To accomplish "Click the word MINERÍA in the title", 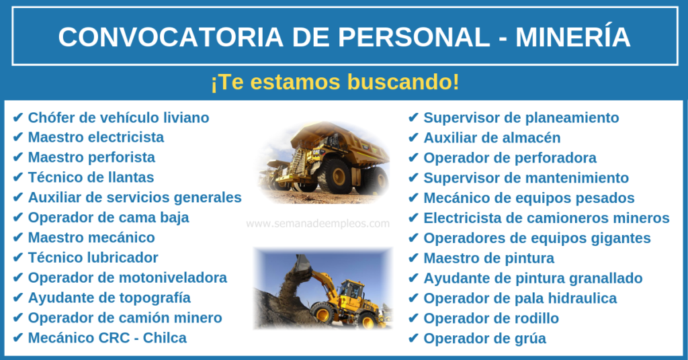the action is click(572, 37).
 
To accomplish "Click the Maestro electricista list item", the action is click(95, 137).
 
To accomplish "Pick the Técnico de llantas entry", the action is click(91, 177).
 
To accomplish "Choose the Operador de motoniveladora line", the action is click(127, 277).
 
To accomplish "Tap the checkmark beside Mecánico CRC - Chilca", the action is click(17, 338).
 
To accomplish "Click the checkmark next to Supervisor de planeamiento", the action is click(413, 118).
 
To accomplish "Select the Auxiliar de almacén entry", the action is click(492, 138).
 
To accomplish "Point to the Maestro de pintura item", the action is click(489, 259).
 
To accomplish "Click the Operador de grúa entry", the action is click(485, 339).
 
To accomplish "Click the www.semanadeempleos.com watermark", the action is click(318, 224).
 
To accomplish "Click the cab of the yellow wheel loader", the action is click(351, 290).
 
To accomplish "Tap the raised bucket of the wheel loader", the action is click(303, 265).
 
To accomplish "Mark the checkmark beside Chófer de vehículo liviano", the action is click(17, 118).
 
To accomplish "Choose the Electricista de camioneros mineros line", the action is click(546, 218).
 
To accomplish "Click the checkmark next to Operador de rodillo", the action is click(413, 318).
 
